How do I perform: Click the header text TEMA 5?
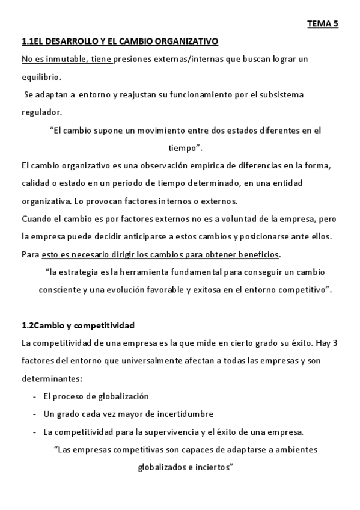pos(322,24)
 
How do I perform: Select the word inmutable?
pos(59,59)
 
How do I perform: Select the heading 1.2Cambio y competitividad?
pos(78,325)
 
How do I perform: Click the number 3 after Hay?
pos(335,343)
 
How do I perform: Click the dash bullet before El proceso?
pos(32,397)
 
